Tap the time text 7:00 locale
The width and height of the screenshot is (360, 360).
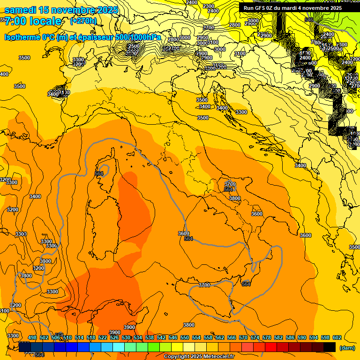click(33, 21)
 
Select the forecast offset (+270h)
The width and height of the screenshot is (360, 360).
click(83, 21)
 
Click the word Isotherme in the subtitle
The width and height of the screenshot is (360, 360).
click(22, 37)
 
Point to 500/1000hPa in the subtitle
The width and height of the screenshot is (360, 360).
click(138, 37)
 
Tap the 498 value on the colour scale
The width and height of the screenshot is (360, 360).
click(32, 337)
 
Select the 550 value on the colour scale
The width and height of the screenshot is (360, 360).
click(185, 337)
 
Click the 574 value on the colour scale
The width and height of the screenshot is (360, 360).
click(255, 337)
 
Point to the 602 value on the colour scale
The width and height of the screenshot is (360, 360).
click(337, 337)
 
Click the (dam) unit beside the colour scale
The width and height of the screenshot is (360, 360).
click(347, 348)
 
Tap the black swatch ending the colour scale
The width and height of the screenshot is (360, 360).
click(330, 347)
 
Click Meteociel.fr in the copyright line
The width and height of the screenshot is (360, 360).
click(217, 357)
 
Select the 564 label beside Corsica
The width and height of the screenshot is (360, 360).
click(99, 173)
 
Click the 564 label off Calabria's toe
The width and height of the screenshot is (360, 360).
click(246, 284)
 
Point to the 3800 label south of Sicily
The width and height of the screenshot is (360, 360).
click(189, 325)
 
